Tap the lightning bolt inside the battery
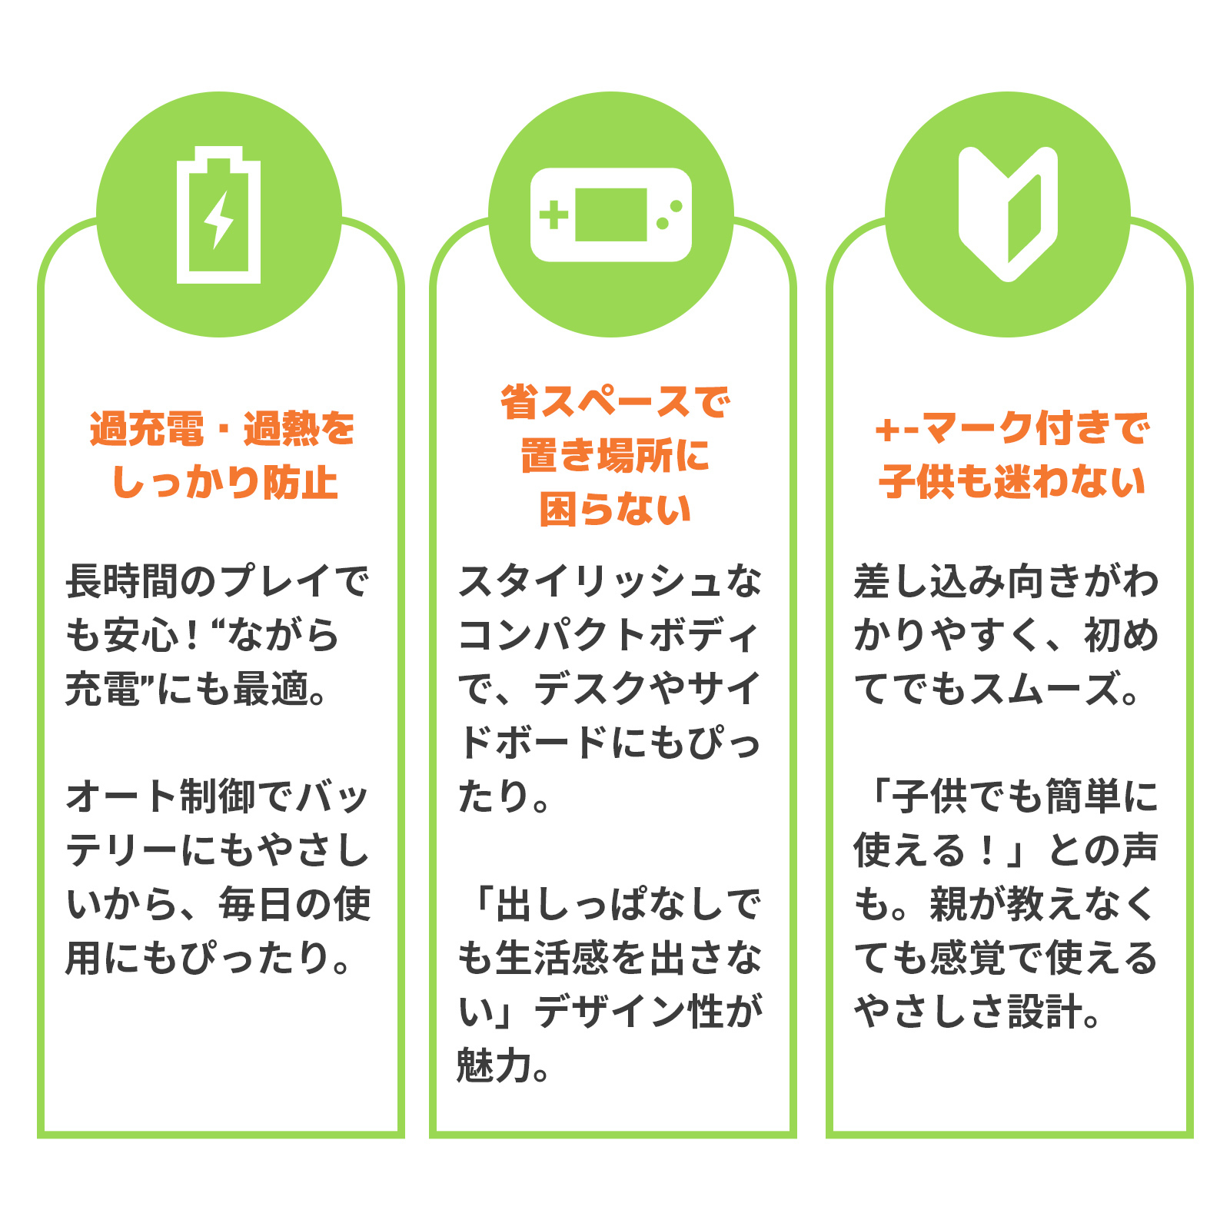pyautogui.click(x=219, y=219)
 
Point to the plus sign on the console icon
pyautogui.click(x=553, y=215)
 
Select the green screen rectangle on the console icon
pyautogui.click(x=611, y=214)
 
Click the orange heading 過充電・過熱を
pyautogui.click(x=222, y=429)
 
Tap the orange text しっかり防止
pyautogui.click(x=224, y=483)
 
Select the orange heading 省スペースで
pyautogui.click(x=614, y=402)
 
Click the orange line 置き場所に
pyautogui.click(x=615, y=456)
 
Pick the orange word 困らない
pyautogui.click(x=615, y=510)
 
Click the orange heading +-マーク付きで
pyautogui.click(x=1012, y=429)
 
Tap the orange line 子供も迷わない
pyautogui.click(x=1012, y=483)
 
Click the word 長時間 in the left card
pyautogui.click(x=123, y=581)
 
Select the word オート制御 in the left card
pyautogui.click(x=161, y=796)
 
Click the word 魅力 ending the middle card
pyautogui.click(x=494, y=1065)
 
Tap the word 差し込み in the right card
pyautogui.click(x=930, y=581)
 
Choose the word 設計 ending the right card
pyautogui.click(x=1045, y=1012)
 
